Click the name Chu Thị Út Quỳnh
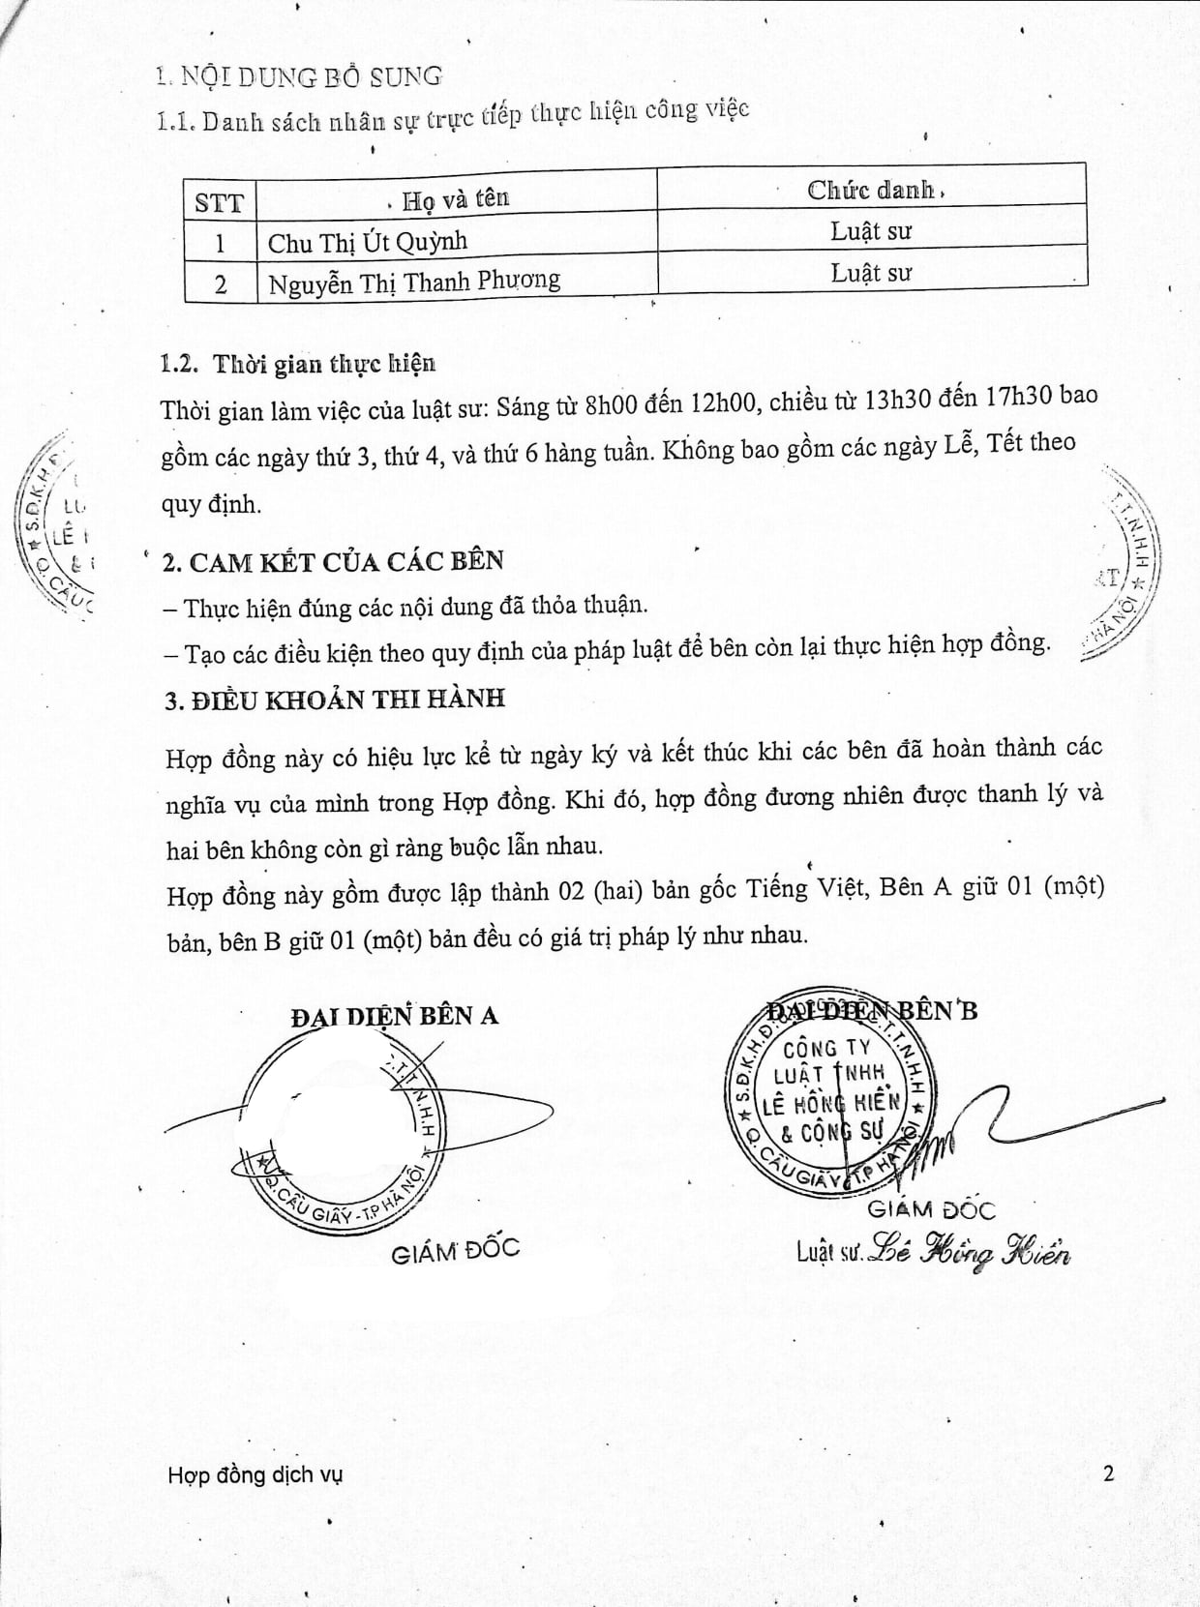click(x=367, y=242)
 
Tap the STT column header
click(x=220, y=202)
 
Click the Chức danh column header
click(x=872, y=190)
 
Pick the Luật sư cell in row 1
click(x=871, y=232)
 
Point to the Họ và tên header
click(x=455, y=199)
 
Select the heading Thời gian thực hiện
click(x=324, y=364)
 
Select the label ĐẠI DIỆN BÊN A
click(x=394, y=1016)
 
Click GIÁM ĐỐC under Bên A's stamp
click(x=455, y=1250)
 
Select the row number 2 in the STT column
click(x=221, y=285)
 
